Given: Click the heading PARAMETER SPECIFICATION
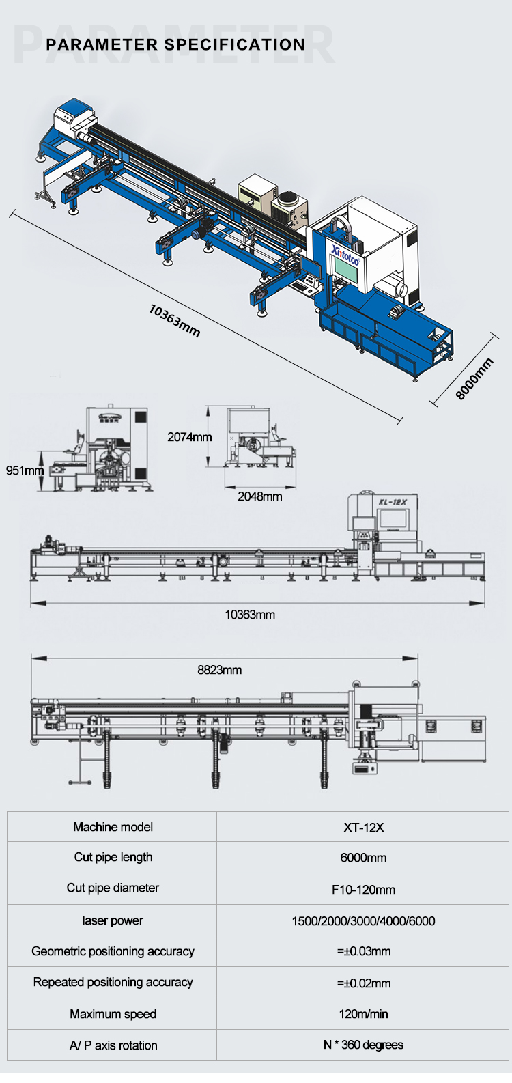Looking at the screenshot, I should coord(175,45).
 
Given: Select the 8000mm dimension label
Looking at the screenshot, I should coord(474,379).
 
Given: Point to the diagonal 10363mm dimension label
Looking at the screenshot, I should coord(175,320).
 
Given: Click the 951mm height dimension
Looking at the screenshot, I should coord(25,470).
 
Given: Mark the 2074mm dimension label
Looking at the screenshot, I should coord(190,437).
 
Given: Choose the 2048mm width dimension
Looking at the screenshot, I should coord(259,496).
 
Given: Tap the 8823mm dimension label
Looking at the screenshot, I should coord(220,670).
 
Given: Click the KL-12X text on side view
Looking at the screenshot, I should coord(393,502).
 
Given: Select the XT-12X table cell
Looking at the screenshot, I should coord(363,828).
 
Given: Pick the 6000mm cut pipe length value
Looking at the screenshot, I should coord(363,858).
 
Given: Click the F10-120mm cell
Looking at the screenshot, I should coord(363,890).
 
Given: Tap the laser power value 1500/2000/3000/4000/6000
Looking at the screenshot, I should coord(363,921).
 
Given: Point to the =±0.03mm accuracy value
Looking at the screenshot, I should coord(363,951).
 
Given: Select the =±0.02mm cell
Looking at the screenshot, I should coord(363,983).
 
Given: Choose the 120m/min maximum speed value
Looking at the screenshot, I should coord(363,1014).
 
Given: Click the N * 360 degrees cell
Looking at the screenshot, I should coord(363,1045).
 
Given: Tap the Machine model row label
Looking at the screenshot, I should coord(113,827).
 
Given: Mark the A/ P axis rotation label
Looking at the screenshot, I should coord(113,1045).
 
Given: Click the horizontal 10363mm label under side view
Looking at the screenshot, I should coord(250,615).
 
